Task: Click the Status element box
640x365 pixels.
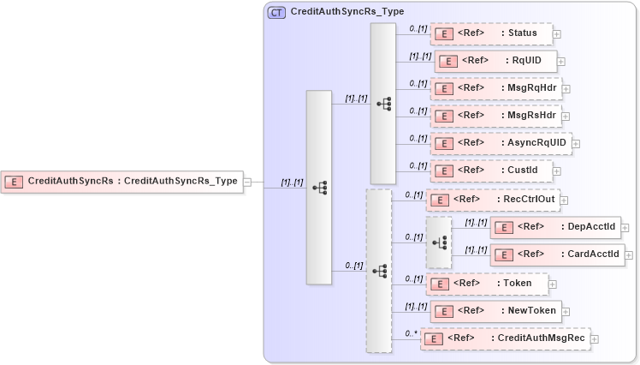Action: [x=490, y=33]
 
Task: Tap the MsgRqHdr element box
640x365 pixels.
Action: [x=495, y=88]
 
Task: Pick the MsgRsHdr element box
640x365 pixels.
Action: [x=495, y=116]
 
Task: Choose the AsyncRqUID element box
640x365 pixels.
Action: [x=500, y=143]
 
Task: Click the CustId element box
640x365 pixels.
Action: [x=491, y=171]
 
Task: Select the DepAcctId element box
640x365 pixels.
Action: [x=556, y=227]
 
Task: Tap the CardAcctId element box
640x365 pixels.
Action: [x=556, y=254]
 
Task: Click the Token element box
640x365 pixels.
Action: [x=486, y=283]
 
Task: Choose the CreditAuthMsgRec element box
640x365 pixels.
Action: [x=505, y=338]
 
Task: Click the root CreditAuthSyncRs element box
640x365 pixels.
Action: [x=121, y=181]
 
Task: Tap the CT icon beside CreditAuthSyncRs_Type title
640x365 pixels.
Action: [x=277, y=12]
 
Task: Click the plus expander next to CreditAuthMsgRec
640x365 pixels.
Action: [x=595, y=339]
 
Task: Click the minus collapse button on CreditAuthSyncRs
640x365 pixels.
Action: [x=246, y=182]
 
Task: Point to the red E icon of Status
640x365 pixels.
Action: [x=444, y=34]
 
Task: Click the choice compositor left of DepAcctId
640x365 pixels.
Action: [x=439, y=242]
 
